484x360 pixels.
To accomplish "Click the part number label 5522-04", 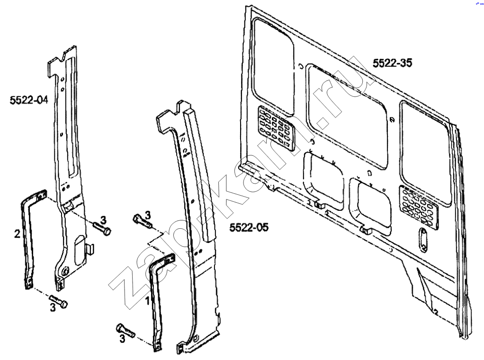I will (29, 99).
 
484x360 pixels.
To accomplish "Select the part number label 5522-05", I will (249, 227).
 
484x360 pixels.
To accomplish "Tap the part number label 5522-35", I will (392, 63).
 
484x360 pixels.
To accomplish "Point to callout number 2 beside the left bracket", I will (18, 233).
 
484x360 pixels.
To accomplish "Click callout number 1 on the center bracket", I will (148, 300).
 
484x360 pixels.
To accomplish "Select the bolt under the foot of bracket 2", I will (58, 301).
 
